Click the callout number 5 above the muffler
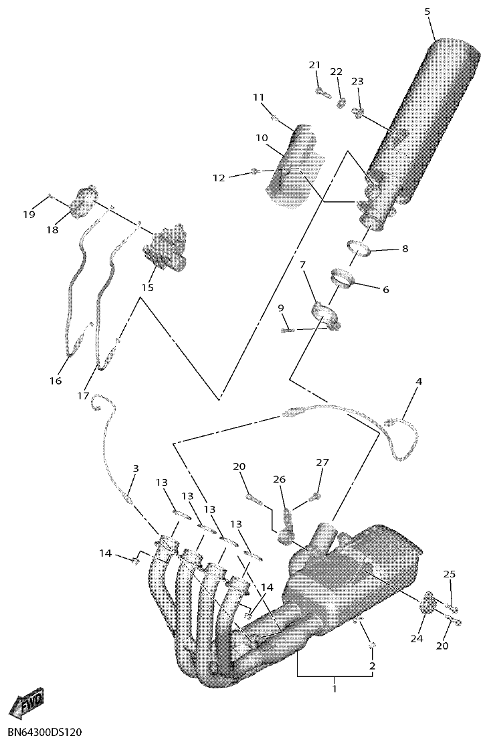point(427,11)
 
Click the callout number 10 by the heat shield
point(261,138)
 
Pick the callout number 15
point(147,287)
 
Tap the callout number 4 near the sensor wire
point(419,381)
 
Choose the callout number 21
point(315,65)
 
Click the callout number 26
point(279,479)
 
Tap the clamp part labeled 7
point(325,314)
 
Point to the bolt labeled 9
point(287,329)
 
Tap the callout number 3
point(135,469)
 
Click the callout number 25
point(450,574)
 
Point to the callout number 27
point(323,462)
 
